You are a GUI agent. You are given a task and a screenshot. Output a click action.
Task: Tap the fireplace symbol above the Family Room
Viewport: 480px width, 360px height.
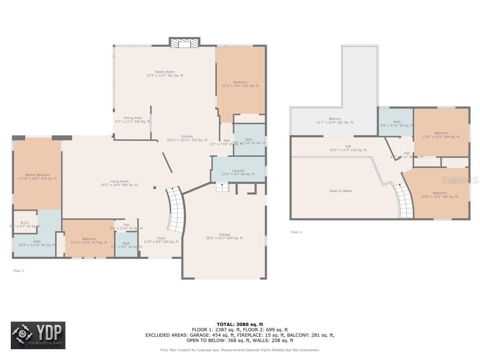[184, 43]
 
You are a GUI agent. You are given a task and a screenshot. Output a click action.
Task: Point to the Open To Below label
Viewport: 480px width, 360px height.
[341, 191]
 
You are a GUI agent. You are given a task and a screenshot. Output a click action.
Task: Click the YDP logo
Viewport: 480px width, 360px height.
[38, 335]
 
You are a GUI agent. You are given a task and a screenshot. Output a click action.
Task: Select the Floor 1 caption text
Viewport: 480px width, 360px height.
[19, 271]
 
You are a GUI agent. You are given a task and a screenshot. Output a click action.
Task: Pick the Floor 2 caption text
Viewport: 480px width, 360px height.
[296, 232]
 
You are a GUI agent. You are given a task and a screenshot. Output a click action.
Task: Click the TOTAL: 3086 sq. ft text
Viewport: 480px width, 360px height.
[240, 324]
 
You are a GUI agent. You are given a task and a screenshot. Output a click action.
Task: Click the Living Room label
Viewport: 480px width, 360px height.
[120, 183]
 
